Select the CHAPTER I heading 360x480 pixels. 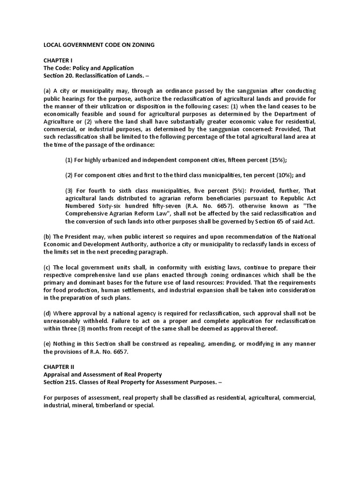tap(57, 60)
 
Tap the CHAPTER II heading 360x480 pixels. tap(58, 366)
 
